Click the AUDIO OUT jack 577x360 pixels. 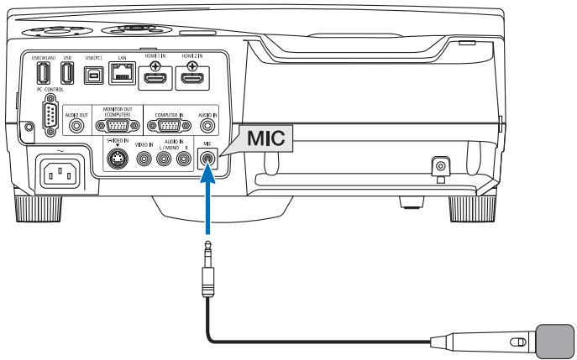click(78, 125)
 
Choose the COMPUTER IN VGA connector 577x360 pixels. click(164, 125)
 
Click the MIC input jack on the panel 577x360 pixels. click(207, 156)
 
